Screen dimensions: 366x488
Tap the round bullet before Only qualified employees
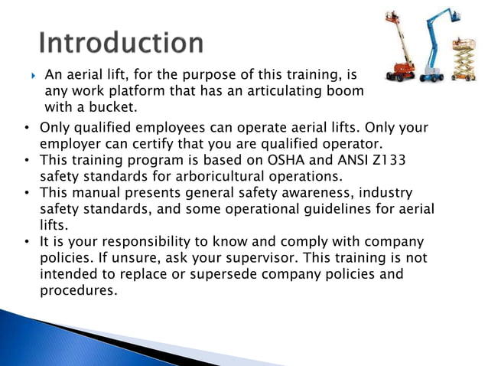tap(26, 127)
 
